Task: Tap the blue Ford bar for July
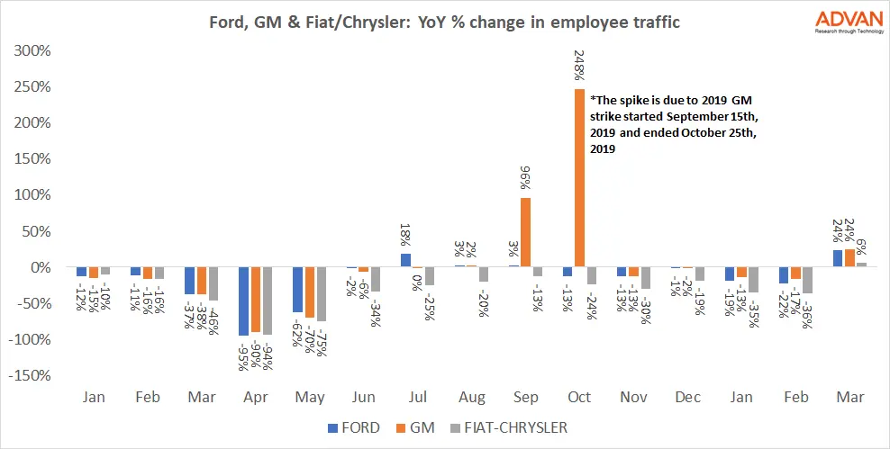pos(406,260)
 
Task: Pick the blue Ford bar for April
pos(243,301)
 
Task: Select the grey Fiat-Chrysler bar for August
pos(486,274)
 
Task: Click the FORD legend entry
pos(355,427)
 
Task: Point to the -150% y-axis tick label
pos(32,376)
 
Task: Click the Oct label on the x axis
pos(579,397)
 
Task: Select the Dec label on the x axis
pos(687,397)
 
